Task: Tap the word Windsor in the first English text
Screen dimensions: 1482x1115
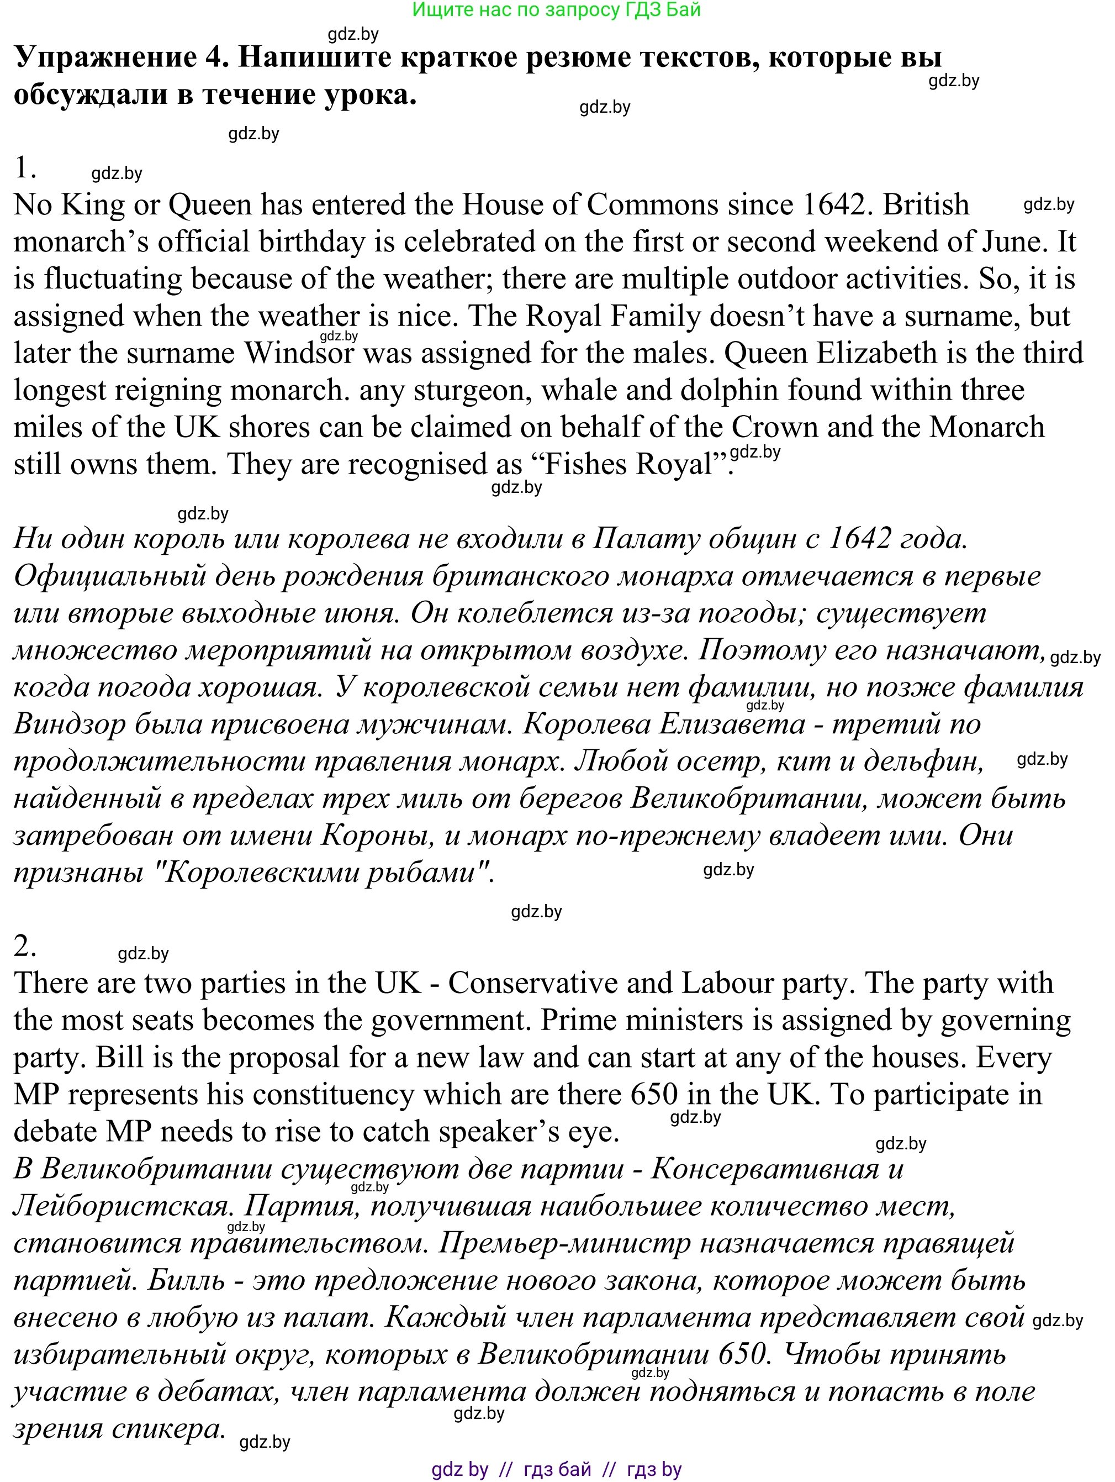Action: click(299, 353)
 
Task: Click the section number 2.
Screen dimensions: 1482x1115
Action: click(25, 947)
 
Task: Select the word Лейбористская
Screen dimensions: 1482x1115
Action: click(122, 1206)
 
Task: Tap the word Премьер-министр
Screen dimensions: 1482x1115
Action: click(564, 1243)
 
